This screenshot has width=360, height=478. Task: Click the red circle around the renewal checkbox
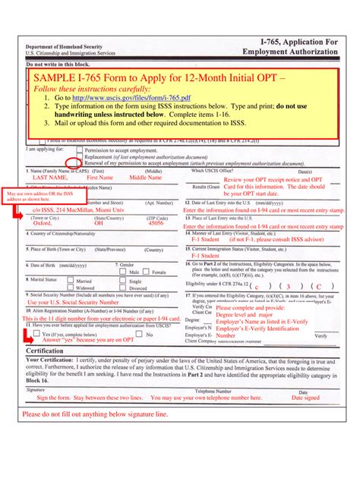tap(72, 162)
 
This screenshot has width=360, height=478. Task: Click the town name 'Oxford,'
tap(43, 224)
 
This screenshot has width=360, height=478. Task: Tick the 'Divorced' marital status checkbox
tap(124, 288)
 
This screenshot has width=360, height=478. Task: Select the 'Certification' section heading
tap(45, 351)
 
